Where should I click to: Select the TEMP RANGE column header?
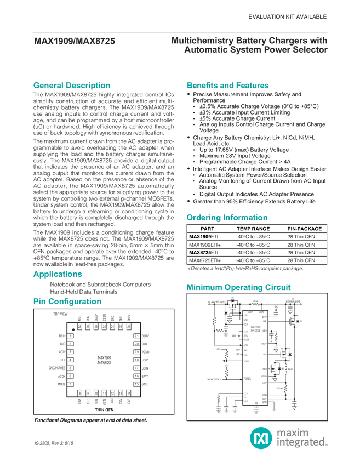253,228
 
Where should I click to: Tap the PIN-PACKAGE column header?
305,228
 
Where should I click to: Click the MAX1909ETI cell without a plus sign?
203,236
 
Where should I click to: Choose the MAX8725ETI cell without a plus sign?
203,252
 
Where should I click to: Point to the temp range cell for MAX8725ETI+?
253,260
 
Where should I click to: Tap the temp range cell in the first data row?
253,236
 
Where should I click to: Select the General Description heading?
72,86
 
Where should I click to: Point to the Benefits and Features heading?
228,86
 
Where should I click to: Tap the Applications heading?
58,274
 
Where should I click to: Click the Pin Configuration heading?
67,302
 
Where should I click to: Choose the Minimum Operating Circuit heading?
239,287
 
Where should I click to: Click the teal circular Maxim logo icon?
258,437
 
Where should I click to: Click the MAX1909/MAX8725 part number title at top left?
75,40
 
